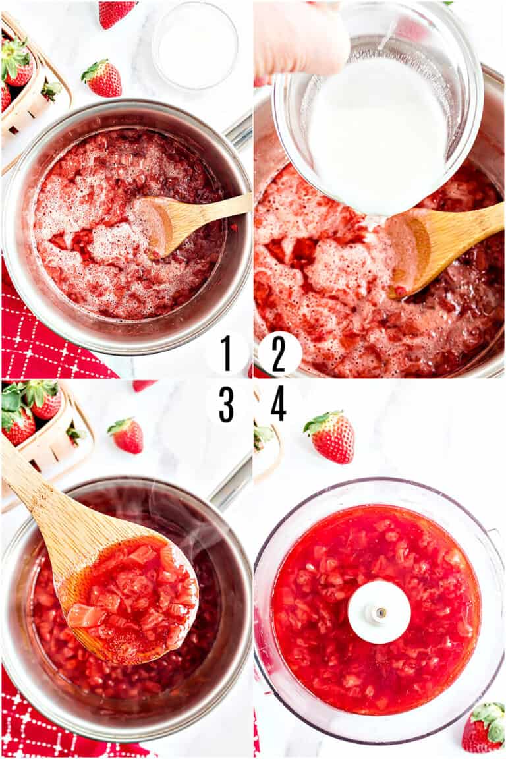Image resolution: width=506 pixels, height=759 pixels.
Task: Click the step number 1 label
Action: pyautogui.click(x=226, y=354)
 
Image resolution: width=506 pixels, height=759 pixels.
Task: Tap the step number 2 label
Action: pyautogui.click(x=279, y=354)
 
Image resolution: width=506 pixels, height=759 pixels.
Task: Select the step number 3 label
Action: pyautogui.click(x=226, y=404)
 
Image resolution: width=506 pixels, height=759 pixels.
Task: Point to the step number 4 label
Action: pyautogui.click(x=279, y=404)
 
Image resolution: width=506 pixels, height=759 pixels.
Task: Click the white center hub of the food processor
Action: pyautogui.click(x=379, y=612)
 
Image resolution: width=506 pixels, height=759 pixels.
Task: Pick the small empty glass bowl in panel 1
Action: pyautogui.click(x=195, y=45)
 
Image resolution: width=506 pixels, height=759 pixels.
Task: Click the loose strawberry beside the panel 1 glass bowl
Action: pyautogui.click(x=103, y=78)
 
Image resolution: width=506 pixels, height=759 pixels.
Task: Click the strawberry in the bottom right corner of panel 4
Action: pyautogui.click(x=484, y=727)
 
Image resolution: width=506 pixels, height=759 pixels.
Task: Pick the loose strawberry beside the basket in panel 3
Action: pyautogui.click(x=126, y=435)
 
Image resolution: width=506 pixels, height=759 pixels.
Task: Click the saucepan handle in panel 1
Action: pyautogui.click(x=239, y=132)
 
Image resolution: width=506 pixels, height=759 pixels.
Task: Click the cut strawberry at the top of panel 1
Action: pyautogui.click(x=115, y=13)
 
